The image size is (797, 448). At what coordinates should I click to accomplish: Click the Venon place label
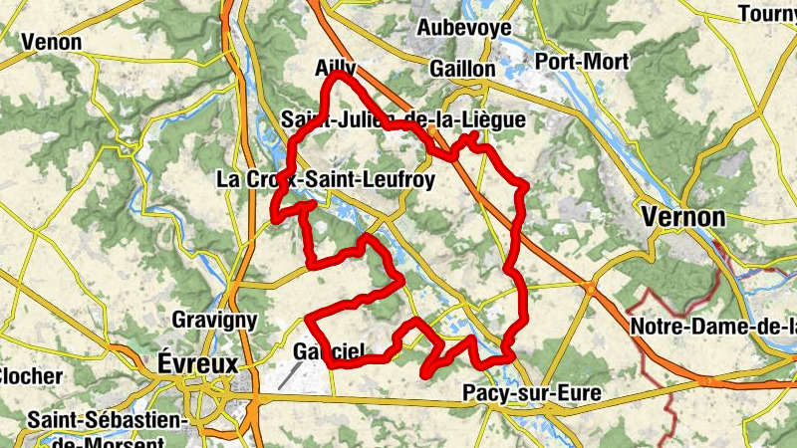pyautogui.click(x=50, y=42)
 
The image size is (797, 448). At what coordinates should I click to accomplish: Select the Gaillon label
pyautogui.click(x=463, y=69)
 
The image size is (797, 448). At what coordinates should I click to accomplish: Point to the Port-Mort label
pyautogui.click(x=582, y=62)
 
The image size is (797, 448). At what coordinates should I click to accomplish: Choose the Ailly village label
pyautogui.click(x=335, y=69)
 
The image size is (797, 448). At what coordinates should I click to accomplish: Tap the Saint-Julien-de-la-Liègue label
pyautogui.click(x=403, y=120)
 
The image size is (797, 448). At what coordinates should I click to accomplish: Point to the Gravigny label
pyautogui.click(x=215, y=321)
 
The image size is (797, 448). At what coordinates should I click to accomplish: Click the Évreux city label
pyautogui.click(x=198, y=363)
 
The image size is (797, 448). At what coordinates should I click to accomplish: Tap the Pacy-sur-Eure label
pyautogui.click(x=532, y=393)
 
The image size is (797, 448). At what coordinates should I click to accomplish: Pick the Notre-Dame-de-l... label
pyautogui.click(x=713, y=327)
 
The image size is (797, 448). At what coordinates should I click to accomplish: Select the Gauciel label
pyautogui.click(x=329, y=351)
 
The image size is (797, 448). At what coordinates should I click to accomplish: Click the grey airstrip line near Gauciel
pyautogui.click(x=291, y=375)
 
